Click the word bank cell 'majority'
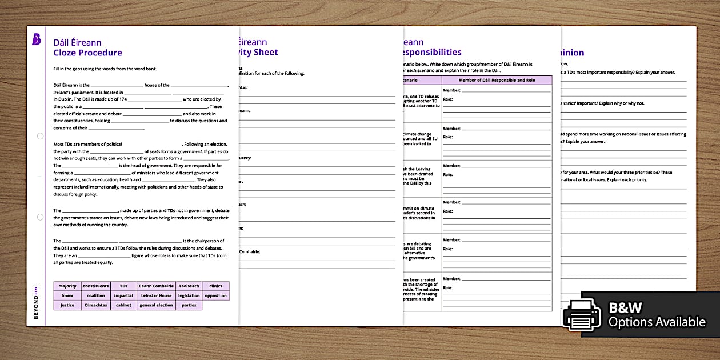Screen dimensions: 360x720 click(67, 286)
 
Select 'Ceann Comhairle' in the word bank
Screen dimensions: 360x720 click(156, 286)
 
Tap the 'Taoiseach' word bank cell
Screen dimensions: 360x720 click(189, 286)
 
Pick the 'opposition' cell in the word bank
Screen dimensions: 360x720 click(215, 296)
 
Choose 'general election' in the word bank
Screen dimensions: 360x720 click(156, 305)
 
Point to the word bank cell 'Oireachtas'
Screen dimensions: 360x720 click(95, 305)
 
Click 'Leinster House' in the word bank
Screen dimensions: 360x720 click(156, 296)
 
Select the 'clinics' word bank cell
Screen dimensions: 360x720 click(215, 286)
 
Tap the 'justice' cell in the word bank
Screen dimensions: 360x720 click(67, 305)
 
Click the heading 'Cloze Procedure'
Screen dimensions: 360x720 click(87, 53)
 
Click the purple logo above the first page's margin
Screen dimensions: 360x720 click(36, 39)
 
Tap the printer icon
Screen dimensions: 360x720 click(582, 315)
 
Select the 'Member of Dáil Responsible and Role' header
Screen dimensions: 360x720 click(497, 80)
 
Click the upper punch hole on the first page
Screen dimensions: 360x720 click(39, 137)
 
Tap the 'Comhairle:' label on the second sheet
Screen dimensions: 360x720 click(249, 251)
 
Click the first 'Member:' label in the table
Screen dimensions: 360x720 click(451, 90)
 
